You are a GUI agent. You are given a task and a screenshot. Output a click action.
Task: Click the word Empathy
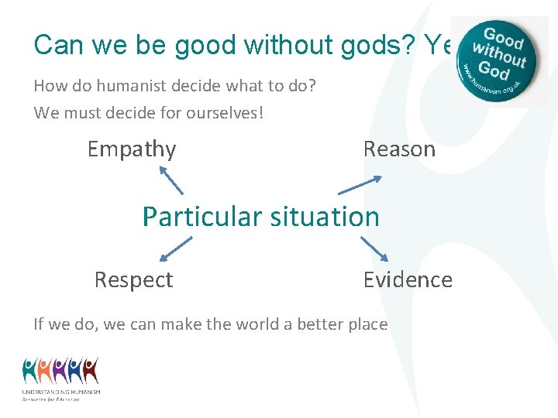pyautogui.click(x=132, y=149)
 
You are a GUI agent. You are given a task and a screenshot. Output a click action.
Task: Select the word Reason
pyautogui.click(x=399, y=149)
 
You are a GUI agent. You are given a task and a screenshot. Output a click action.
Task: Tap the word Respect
pyautogui.click(x=133, y=279)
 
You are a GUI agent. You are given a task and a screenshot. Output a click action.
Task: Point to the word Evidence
pyautogui.click(x=408, y=279)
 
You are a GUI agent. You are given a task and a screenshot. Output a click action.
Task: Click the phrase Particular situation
pyautogui.click(x=260, y=216)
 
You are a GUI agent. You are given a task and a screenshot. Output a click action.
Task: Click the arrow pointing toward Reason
pyautogui.click(x=360, y=184)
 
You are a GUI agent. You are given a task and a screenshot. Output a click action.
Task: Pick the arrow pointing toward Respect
pyautogui.click(x=176, y=249)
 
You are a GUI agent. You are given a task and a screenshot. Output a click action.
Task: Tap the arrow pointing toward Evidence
pyautogui.click(x=374, y=249)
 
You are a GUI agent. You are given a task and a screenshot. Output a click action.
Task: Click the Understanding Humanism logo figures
pyautogui.click(x=60, y=371)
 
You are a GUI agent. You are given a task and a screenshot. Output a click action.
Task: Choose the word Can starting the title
pyautogui.click(x=58, y=45)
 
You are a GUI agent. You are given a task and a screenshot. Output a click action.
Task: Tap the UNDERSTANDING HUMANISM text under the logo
pyautogui.click(x=61, y=392)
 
